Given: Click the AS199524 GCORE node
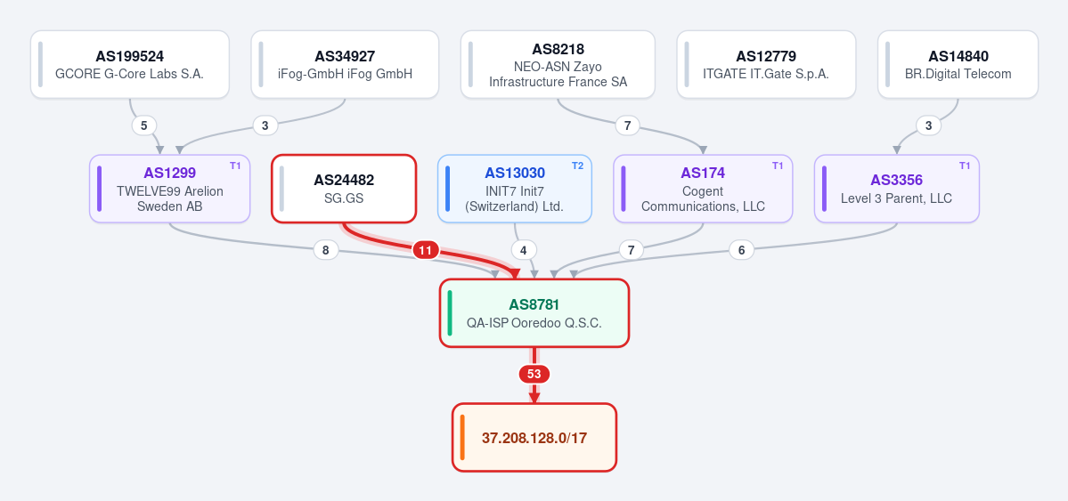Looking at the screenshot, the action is click(129, 65).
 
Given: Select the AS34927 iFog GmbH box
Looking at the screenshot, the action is click(345, 65).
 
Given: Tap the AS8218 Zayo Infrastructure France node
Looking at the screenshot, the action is click(558, 65).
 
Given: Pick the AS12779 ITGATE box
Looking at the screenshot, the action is click(765, 65).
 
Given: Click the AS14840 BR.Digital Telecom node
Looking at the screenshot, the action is click(958, 65).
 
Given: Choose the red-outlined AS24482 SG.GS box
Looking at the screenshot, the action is click(344, 189).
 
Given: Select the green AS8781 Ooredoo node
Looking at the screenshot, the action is click(534, 313).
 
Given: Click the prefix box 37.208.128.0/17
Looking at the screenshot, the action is click(534, 437).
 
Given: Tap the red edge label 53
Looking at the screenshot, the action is click(534, 375).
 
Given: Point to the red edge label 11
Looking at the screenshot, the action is click(425, 251).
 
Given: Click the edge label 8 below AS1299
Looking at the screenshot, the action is click(326, 251).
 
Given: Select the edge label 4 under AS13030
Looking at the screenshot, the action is click(523, 251).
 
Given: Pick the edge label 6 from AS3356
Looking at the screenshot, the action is click(741, 251).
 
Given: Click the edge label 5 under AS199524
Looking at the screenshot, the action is click(143, 125).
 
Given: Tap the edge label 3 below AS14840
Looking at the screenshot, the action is click(927, 125).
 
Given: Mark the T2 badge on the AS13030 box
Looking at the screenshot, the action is click(577, 166).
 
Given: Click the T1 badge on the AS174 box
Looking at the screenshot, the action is click(778, 166).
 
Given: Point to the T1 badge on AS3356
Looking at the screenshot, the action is click(965, 166).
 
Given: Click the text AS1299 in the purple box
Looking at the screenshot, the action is click(169, 174).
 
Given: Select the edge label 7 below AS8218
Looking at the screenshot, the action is click(627, 125).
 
